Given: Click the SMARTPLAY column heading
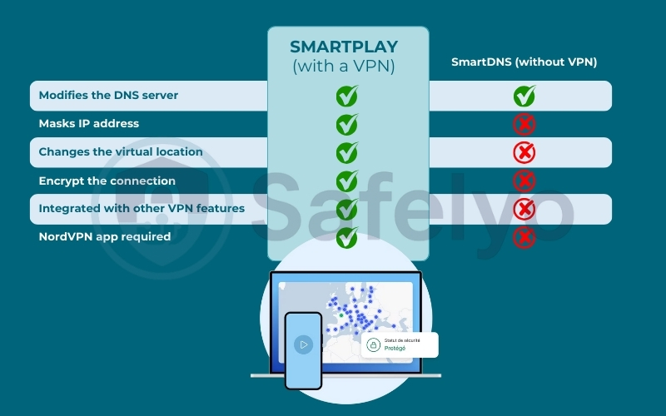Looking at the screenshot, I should [344, 47].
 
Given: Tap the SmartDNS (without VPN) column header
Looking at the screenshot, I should [524, 62].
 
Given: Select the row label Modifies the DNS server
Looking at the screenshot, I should [108, 96].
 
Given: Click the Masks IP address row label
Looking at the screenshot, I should [89, 123].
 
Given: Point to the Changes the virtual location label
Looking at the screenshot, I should [121, 152].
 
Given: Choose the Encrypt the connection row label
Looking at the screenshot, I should [107, 181].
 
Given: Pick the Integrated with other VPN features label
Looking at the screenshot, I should [142, 208].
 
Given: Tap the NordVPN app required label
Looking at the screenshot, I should [105, 236].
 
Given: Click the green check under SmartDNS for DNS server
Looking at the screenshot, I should [524, 96].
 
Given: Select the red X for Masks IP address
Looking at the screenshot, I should [524, 124].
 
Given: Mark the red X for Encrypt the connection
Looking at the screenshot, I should [524, 181].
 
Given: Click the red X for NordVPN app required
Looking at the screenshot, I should [524, 237].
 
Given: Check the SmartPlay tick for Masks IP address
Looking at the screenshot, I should [346, 124].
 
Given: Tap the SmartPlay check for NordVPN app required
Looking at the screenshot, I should [346, 237].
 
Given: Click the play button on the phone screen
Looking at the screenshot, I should [303, 344].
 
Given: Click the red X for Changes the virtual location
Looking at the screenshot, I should [524, 152].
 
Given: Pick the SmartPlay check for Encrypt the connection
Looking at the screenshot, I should [346, 181].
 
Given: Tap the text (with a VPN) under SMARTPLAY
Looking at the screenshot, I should [344, 67].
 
